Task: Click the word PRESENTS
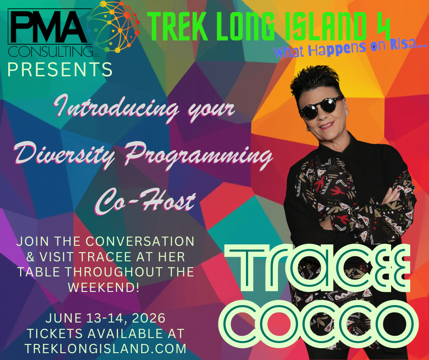coord(60,70)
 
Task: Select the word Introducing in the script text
coord(112,110)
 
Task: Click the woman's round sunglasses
coord(320,108)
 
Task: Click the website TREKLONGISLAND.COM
coord(105,348)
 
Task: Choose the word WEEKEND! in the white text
coord(105,287)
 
